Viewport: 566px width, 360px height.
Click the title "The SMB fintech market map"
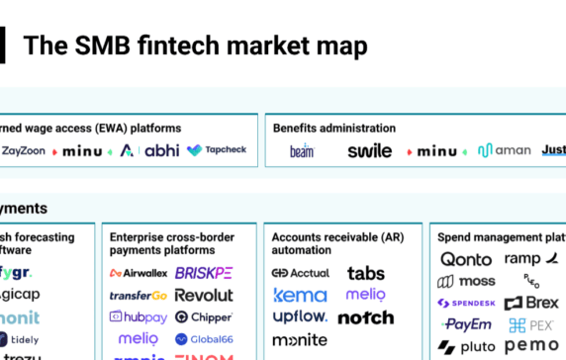point(195,45)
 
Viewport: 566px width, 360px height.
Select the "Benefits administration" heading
point(334,128)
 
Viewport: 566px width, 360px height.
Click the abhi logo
point(161,151)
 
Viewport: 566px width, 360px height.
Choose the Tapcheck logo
point(217,150)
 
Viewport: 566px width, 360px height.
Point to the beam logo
point(302,151)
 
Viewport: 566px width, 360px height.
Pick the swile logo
point(369,151)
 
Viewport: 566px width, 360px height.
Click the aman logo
point(504,151)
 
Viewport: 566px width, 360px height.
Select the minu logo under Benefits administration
point(436,151)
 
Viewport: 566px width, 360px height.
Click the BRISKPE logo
point(204,273)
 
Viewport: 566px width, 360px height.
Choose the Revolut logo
point(204,295)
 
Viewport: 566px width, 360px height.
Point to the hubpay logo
point(138,317)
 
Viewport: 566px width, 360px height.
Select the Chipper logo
point(204,317)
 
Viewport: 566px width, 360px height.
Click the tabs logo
point(366,273)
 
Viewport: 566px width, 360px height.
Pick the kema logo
point(299,295)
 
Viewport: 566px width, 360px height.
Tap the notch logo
point(366,317)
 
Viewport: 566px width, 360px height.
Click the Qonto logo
point(466,259)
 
